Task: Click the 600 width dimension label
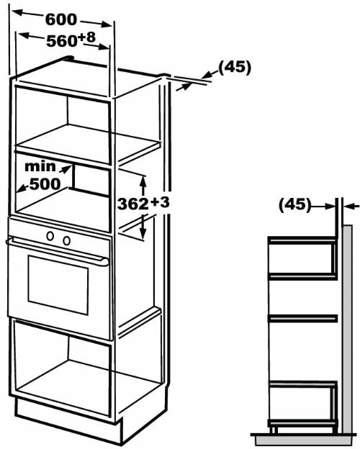[x=61, y=19]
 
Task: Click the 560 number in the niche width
[x=62, y=41]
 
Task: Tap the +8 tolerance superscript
[x=86, y=37]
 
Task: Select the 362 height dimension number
[x=133, y=204]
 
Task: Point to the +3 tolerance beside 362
[x=160, y=202]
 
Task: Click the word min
[x=40, y=166]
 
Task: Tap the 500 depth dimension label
[x=45, y=183]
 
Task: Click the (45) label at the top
[x=235, y=68]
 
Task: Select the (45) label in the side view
[x=295, y=205]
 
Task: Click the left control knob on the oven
[x=50, y=236]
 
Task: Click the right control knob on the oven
[x=66, y=240]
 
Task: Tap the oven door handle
[x=58, y=250]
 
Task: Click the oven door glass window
[x=58, y=285]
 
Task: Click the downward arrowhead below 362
[x=142, y=232]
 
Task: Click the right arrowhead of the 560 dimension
[x=104, y=46]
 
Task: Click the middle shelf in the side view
[x=302, y=318]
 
